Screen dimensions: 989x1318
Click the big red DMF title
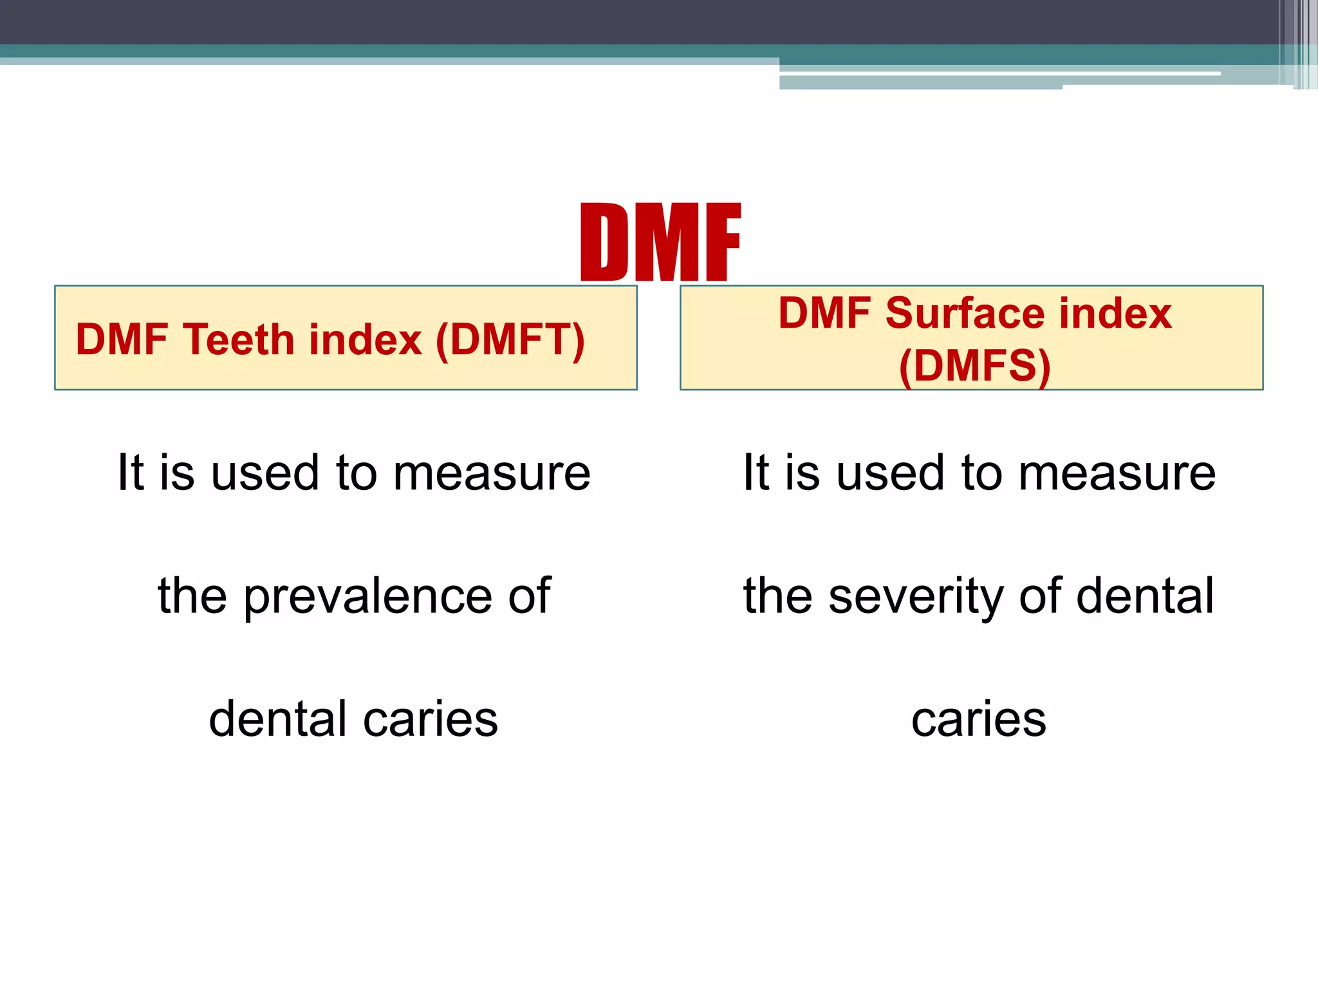tap(660, 242)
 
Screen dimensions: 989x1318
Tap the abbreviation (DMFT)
tap(510, 340)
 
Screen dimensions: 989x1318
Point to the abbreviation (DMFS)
tap(974, 366)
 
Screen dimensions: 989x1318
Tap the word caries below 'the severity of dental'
tap(978, 719)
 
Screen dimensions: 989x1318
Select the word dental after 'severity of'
tap(1145, 596)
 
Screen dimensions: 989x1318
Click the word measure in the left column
tap(492, 473)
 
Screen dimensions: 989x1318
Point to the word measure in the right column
tap(1117, 473)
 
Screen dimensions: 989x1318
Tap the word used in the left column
tap(265, 473)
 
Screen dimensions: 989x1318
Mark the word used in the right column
tap(890, 473)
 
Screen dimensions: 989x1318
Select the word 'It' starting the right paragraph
tap(756, 473)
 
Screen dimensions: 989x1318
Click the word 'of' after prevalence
tap(529, 596)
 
